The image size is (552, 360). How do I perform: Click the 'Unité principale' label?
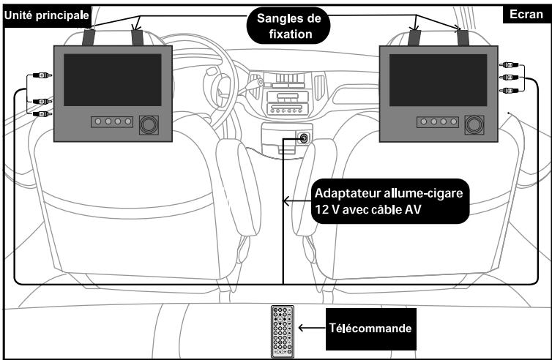(x=46, y=15)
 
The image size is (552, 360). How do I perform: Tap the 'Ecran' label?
(x=524, y=15)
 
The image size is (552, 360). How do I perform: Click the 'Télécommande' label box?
(x=368, y=329)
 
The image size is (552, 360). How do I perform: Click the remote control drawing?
(x=282, y=331)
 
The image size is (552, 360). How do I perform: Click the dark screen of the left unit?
(x=112, y=80)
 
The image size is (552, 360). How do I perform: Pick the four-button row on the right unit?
(x=437, y=122)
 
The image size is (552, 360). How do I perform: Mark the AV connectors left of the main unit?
(x=37, y=95)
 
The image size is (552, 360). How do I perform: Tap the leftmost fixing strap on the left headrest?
(x=89, y=36)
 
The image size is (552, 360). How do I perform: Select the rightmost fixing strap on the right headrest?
(x=463, y=37)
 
